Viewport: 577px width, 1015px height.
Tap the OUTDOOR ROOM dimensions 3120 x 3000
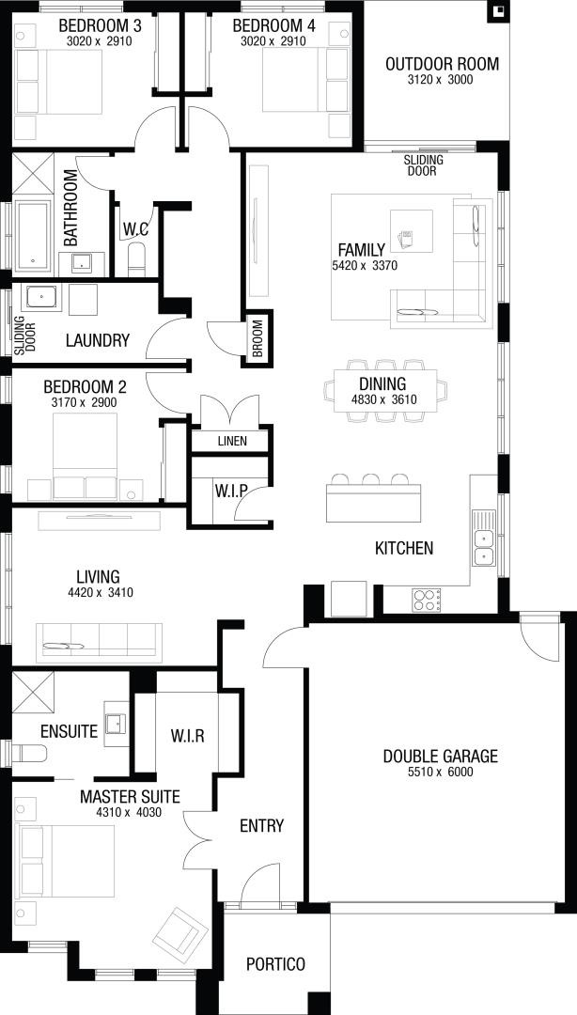point(441,80)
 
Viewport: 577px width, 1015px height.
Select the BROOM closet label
point(257,337)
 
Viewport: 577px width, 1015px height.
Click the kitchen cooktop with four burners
point(427,600)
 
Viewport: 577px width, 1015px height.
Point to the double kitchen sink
point(483,547)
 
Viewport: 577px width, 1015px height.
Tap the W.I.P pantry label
point(230,491)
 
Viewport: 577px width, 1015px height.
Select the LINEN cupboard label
point(232,442)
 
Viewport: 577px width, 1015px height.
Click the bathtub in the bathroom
point(32,235)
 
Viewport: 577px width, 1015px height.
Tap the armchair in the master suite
point(177,931)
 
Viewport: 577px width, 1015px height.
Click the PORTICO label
point(275,964)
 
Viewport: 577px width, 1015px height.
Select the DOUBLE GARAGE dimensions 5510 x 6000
point(441,772)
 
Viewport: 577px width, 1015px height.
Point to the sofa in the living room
point(99,643)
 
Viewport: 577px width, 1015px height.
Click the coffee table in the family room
point(412,231)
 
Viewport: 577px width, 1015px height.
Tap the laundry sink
point(42,297)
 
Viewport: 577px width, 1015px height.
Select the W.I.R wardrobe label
point(188,736)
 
